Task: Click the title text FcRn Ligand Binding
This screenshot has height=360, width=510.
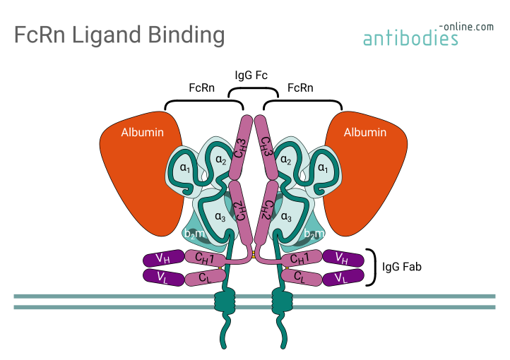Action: tap(119, 35)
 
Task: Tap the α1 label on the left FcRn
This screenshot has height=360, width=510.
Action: tap(185, 168)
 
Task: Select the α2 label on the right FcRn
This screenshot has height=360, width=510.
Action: tap(287, 160)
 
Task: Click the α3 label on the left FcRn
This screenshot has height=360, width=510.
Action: tap(219, 217)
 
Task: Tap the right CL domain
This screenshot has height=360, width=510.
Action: tap(300, 277)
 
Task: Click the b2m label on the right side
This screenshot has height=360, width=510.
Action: tap(313, 234)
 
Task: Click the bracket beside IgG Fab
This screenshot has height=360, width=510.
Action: tap(371, 268)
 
